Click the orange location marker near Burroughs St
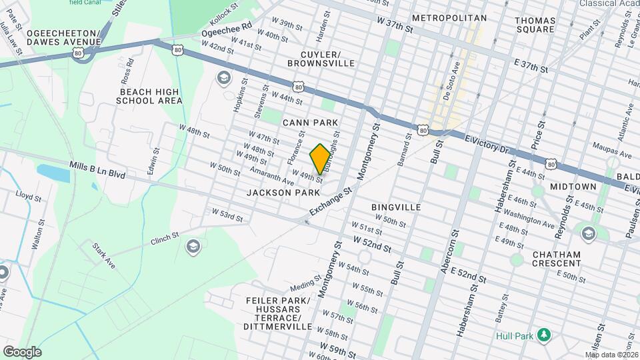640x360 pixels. point(320,159)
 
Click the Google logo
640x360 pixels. point(22,351)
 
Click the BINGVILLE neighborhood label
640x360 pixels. point(396,207)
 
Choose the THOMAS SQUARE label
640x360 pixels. point(535,25)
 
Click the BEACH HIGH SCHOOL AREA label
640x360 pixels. point(149,96)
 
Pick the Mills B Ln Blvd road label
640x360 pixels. point(97,169)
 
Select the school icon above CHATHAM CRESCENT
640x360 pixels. point(588,233)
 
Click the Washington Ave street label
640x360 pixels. point(529,219)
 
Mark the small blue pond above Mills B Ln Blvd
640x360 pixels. point(53,173)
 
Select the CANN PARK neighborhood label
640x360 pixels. point(310,123)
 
